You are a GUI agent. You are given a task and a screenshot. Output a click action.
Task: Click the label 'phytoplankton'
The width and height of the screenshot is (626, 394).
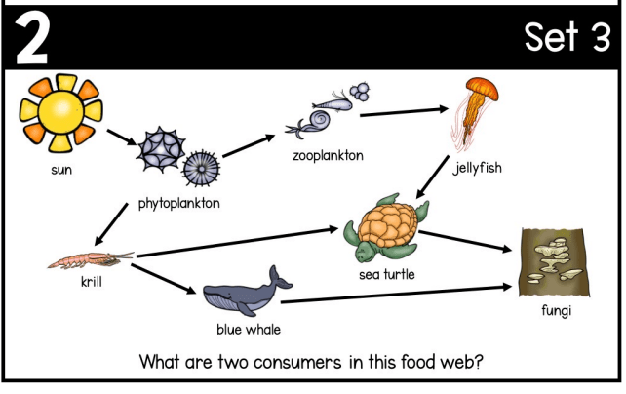pos(178,204)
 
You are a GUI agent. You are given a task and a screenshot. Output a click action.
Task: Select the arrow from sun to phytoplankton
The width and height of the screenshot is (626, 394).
pos(121,138)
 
